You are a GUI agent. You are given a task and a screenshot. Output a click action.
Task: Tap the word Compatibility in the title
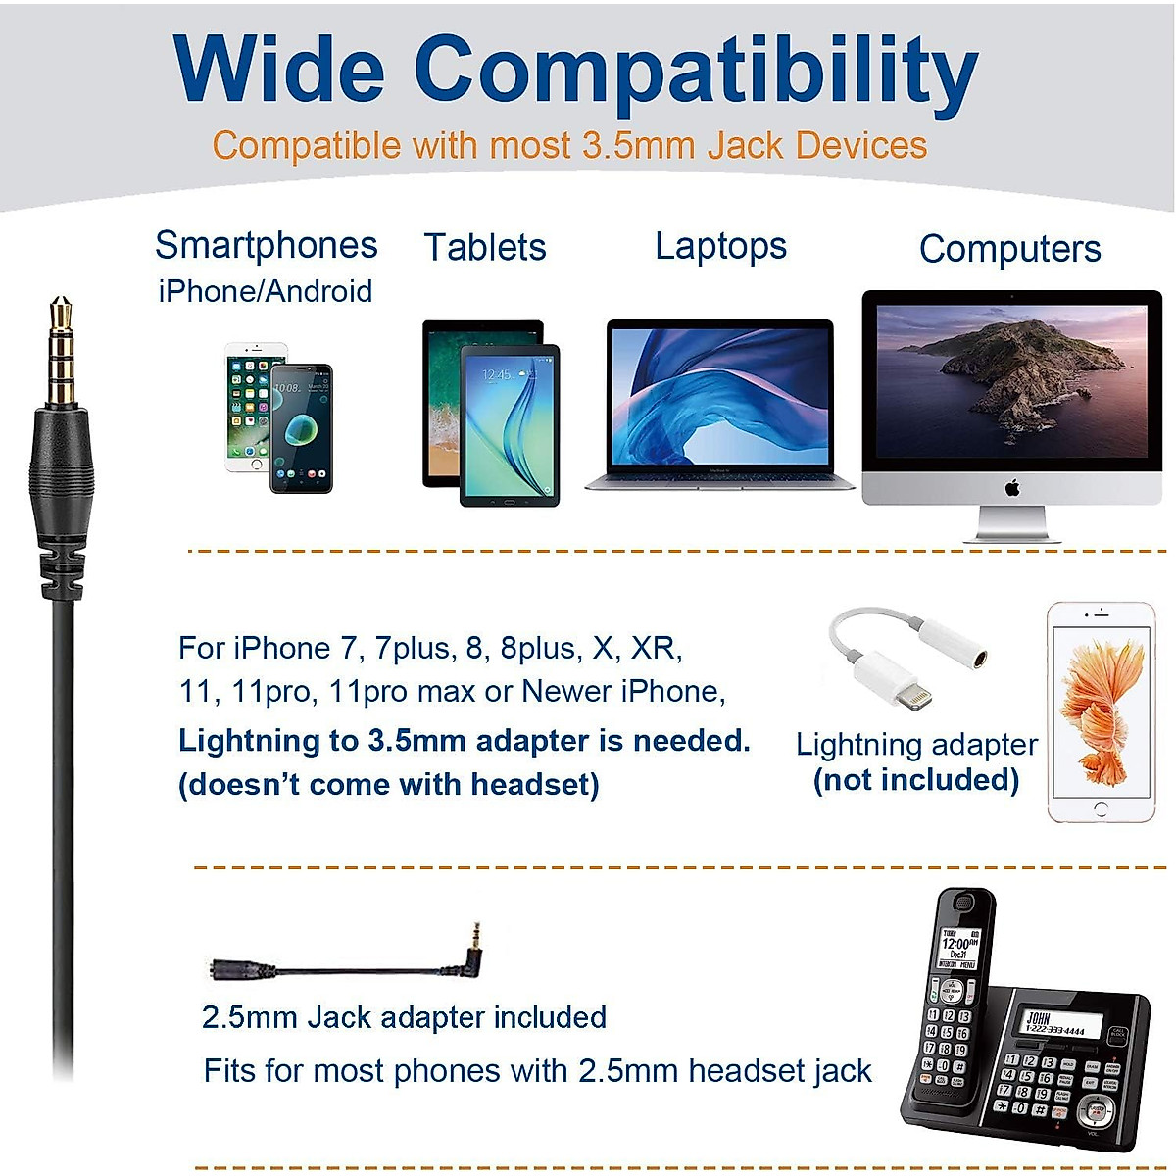point(696,73)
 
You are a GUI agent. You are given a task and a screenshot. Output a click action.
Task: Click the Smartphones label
point(267,245)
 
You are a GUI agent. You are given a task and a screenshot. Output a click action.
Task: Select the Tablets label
point(485,247)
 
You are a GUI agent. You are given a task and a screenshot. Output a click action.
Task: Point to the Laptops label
point(720,246)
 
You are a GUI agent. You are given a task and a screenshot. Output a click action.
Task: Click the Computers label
point(1009,249)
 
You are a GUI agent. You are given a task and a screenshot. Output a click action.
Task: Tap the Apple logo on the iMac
point(1012,487)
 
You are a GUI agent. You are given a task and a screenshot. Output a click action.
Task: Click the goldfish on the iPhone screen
point(1100,701)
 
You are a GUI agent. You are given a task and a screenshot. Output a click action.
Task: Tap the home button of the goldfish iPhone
point(1101,809)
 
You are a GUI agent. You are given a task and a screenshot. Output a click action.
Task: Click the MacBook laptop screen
point(720,396)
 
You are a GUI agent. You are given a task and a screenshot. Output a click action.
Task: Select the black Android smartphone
point(301,428)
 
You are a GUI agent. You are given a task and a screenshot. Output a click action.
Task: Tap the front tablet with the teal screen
point(510,425)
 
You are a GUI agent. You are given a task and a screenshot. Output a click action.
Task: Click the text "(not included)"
point(916,780)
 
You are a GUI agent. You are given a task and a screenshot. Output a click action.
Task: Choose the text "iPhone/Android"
point(266,291)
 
